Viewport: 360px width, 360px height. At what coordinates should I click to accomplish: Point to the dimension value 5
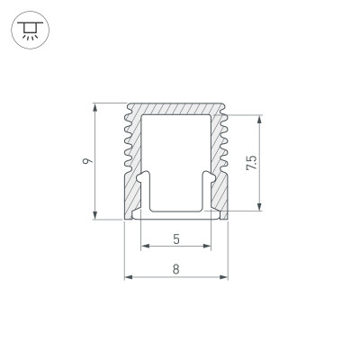176,238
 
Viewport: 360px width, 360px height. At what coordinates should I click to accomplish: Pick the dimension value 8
176,268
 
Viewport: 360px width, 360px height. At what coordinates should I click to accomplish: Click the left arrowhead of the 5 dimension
145,246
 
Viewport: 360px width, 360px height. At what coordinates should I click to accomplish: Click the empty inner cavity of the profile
176,153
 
